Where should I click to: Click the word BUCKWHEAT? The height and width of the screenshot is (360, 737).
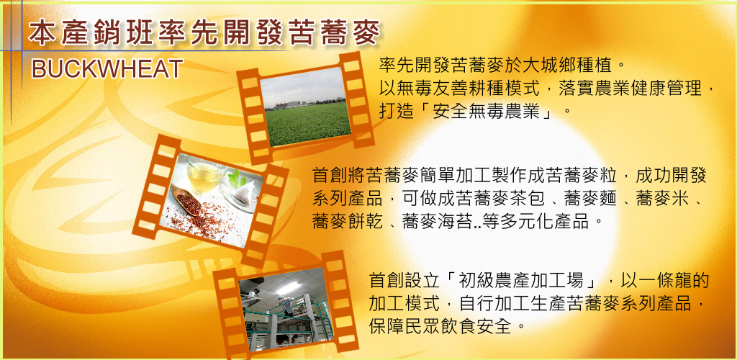(x=107, y=69)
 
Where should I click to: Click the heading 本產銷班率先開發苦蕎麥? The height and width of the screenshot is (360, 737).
(x=204, y=33)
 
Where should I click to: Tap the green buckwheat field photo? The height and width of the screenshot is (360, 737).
(x=305, y=107)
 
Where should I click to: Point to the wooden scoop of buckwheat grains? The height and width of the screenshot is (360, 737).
(x=188, y=202)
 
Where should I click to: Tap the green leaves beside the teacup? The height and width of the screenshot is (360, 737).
(x=235, y=178)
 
